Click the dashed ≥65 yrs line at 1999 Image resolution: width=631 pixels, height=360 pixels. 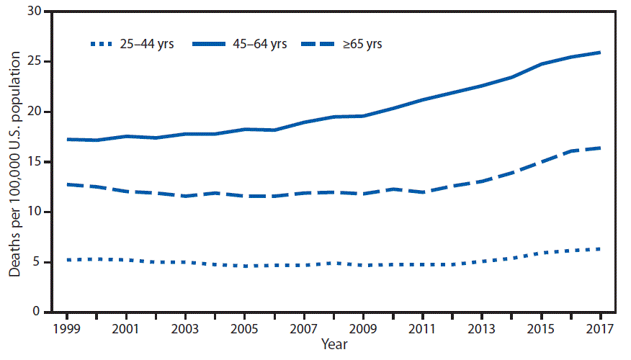(68, 184)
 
